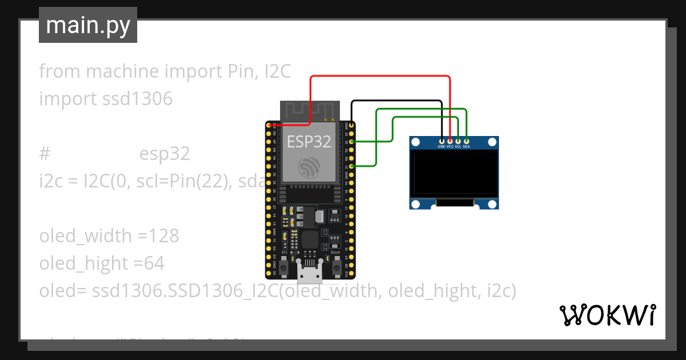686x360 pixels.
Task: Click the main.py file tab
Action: pos(87,25)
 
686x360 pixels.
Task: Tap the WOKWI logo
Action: pos(607,315)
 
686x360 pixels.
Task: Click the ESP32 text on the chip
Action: pos(309,141)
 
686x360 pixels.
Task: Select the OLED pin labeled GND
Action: pos(441,141)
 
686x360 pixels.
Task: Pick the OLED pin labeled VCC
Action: pos(450,141)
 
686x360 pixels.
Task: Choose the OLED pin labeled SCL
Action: pos(458,141)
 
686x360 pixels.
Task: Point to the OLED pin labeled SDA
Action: pos(466,141)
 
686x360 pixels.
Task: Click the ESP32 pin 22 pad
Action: pos(352,141)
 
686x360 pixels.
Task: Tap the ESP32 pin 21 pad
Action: pos(352,166)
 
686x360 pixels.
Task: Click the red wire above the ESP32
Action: pos(377,76)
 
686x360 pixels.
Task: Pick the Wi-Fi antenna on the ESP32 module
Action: pos(309,111)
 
